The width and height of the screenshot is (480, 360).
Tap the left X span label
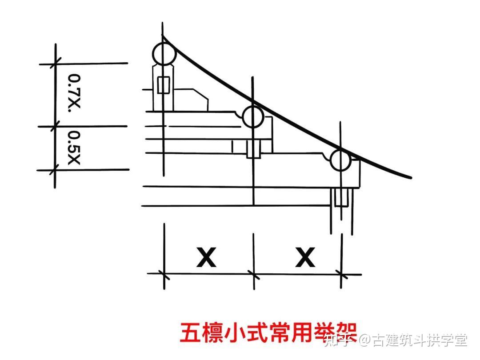(206, 257)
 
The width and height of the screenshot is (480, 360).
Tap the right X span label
(305, 257)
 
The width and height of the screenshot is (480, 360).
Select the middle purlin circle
(253, 117)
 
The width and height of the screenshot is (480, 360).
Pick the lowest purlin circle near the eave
(340, 160)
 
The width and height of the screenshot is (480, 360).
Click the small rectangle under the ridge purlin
(164, 85)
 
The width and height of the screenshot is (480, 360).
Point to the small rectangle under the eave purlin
(341, 197)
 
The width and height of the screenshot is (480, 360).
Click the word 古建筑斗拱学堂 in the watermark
(420, 340)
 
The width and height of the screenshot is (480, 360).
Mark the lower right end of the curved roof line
(410, 178)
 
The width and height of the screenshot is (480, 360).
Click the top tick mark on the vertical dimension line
(56, 64)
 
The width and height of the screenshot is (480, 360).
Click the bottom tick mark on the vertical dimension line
(55, 170)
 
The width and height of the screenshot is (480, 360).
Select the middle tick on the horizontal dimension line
(253, 274)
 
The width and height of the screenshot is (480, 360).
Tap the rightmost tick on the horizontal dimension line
(341, 274)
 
